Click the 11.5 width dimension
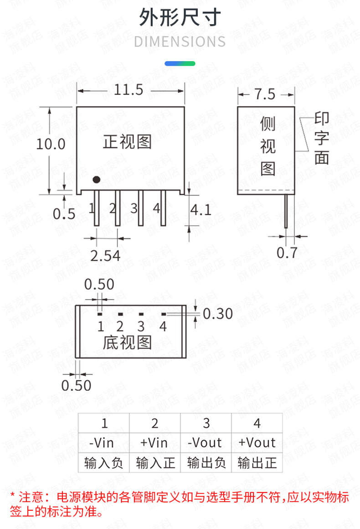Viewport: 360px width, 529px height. point(129,90)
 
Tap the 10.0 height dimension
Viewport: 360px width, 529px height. point(51,144)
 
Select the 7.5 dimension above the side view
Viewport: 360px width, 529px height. point(265,94)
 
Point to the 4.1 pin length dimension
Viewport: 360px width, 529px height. point(201,210)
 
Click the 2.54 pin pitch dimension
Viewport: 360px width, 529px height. point(105,256)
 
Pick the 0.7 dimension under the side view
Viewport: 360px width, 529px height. point(287,253)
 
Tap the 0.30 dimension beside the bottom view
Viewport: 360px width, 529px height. point(218,314)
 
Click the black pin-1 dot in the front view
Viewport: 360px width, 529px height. point(97,180)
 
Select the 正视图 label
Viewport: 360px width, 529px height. point(127,142)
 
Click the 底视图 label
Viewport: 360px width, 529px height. point(127,342)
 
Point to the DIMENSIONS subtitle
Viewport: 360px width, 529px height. point(180,42)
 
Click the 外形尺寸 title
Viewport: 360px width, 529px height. point(180,17)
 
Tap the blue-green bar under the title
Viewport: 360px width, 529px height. point(180,63)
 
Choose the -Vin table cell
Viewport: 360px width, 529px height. point(104,443)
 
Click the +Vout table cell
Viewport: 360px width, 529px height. point(257,443)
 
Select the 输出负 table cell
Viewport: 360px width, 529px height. point(206,462)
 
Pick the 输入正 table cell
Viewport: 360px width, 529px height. point(155,462)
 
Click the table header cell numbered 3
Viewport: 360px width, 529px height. point(206,423)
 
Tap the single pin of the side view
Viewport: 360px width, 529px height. point(286,211)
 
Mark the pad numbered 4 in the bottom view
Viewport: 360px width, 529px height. point(164,314)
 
